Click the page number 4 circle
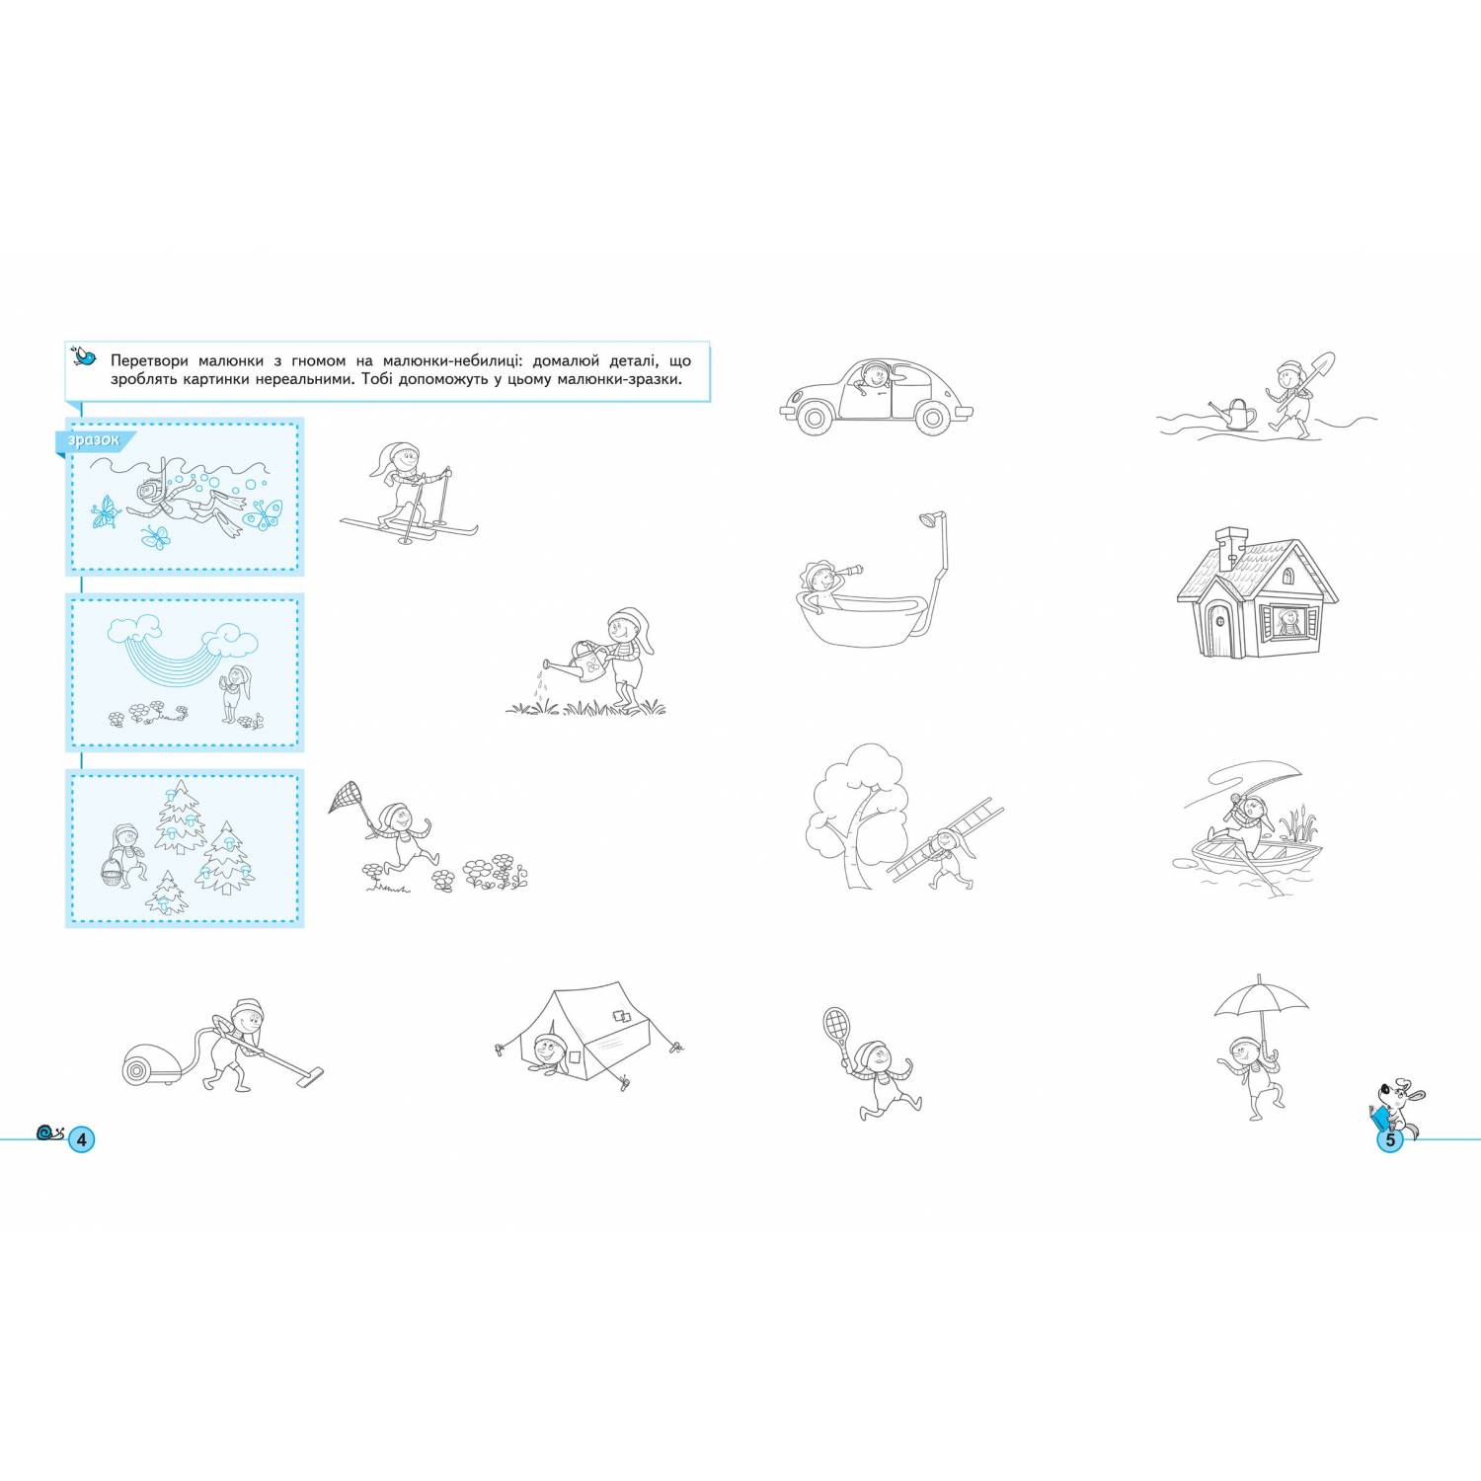pos(82,1139)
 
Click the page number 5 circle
pos(1389,1140)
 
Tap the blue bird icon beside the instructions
pos(86,355)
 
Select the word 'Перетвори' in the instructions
pos(149,361)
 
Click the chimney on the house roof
pos(1230,548)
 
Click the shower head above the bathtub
pos(927,519)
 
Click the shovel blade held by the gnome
pos(1323,365)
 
